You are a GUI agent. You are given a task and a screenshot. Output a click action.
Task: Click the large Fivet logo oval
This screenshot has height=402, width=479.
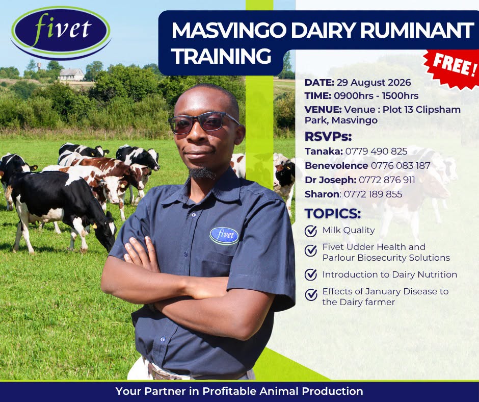tap(61, 33)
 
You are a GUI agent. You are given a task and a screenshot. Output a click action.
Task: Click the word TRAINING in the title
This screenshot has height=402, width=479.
tap(221, 56)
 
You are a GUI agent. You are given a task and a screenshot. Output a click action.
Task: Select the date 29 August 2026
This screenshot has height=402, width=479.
tap(374, 83)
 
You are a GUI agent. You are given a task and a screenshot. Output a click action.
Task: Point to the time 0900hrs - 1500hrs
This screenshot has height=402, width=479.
tap(376, 96)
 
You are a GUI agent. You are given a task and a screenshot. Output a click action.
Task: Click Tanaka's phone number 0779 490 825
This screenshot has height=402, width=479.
tap(376, 151)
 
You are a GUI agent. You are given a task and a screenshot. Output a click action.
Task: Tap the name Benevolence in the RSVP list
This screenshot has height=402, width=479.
tap(336, 165)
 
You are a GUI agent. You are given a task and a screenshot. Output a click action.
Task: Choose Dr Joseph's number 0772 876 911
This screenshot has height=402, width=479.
tap(387, 180)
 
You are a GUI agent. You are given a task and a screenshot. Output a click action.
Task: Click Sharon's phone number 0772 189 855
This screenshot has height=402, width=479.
tap(372, 194)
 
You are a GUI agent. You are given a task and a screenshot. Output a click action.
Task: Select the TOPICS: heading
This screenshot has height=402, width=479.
tap(333, 214)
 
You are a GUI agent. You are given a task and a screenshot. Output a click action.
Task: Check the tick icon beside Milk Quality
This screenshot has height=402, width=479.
tap(311, 231)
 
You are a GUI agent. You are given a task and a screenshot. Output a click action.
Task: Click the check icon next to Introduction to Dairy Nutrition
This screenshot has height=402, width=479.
tap(311, 275)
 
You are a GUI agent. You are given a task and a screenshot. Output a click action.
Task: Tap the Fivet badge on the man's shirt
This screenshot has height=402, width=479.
tap(224, 236)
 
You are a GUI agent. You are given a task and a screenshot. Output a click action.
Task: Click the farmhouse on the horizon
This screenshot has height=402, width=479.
tap(71, 74)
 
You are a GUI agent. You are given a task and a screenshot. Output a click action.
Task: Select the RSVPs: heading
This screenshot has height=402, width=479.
tap(328, 136)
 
